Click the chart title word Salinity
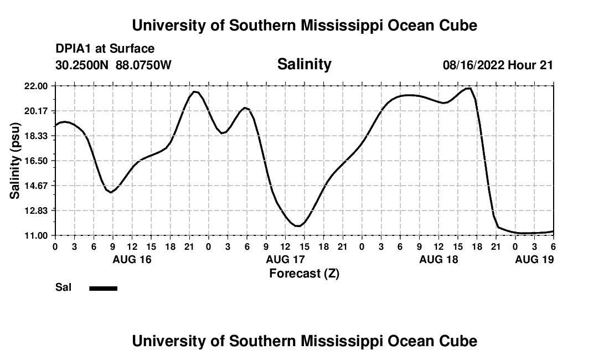click(304, 64)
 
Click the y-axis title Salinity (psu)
click(15, 161)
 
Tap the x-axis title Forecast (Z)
click(304, 273)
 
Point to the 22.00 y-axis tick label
click(37, 86)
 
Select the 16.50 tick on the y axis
click(37, 161)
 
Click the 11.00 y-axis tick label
click(37, 235)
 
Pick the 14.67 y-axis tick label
click(37, 186)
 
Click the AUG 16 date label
click(132, 259)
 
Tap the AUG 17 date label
click(285, 259)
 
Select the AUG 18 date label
click(438, 259)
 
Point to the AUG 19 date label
click(534, 259)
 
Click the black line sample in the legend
click(104, 288)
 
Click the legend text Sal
click(63, 288)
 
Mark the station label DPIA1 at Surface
click(105, 49)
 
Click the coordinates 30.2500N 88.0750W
click(113, 65)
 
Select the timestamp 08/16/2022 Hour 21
click(498, 65)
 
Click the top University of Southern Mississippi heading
click(304, 25)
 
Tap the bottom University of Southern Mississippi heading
click(304, 341)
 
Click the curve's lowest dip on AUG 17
click(298, 226)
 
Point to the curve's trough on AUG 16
click(111, 192)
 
